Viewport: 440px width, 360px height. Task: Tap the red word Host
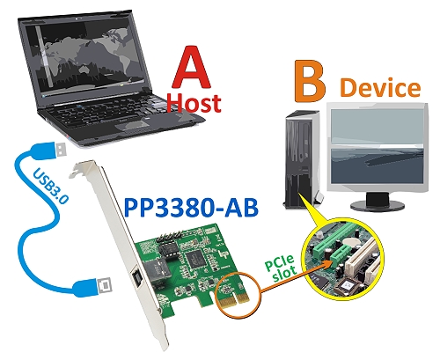pos(194,103)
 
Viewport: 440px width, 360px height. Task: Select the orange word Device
pos(380,87)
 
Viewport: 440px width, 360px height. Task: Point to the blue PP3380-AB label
pos(191,208)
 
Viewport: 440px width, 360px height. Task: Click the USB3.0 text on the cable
pos(51,186)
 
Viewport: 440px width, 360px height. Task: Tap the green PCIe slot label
pos(281,268)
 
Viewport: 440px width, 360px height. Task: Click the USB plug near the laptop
pos(59,149)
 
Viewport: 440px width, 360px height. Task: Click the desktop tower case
pos(301,159)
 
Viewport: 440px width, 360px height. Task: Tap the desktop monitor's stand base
pos(378,205)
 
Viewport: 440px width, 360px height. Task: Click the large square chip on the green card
pos(194,258)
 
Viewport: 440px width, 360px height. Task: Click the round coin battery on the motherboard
pos(352,241)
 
